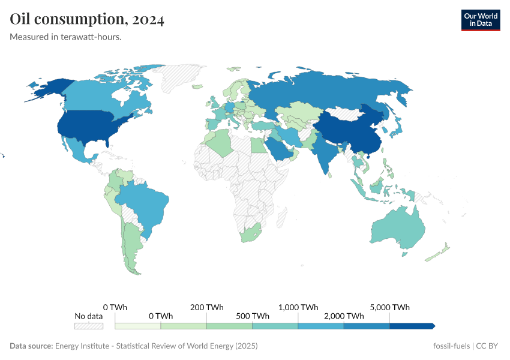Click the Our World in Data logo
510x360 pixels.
(481, 20)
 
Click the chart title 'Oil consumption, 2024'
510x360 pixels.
(87, 19)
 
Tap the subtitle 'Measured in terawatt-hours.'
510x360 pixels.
(66, 37)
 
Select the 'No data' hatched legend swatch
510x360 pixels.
(88, 326)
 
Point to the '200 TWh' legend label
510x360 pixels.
(206, 307)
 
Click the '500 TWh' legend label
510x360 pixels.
(252, 316)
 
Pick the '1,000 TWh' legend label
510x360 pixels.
(298, 307)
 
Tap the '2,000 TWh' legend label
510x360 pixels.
(344, 316)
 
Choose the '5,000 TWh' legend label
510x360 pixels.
(390, 307)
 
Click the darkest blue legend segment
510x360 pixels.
(411, 326)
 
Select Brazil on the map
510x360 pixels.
(144, 204)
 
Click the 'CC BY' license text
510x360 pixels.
(488, 346)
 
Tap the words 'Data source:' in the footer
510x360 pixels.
(31, 346)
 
